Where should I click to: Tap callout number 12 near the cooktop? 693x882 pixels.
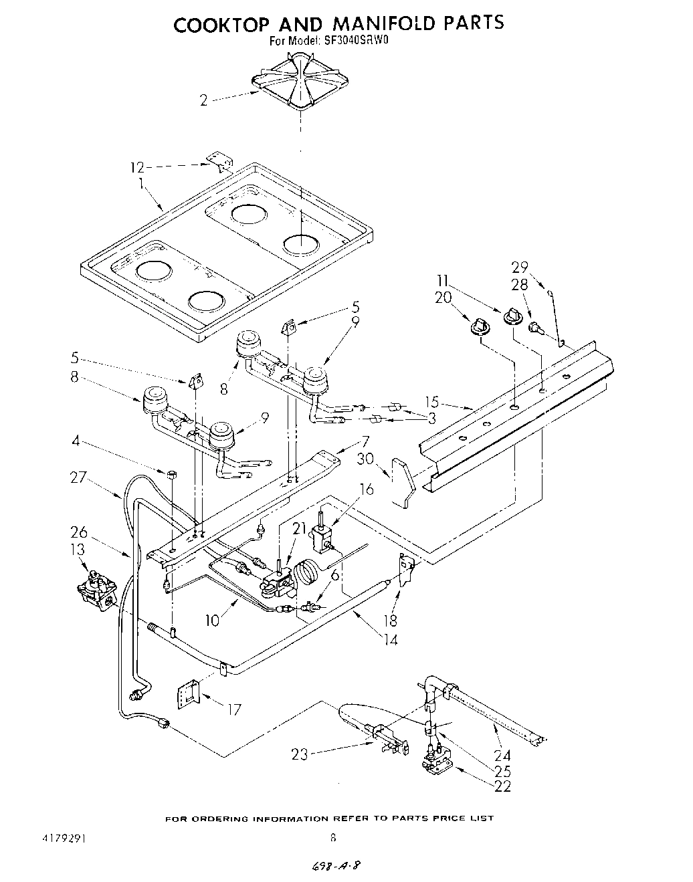pos(136,167)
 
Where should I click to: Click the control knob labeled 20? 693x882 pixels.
pos(478,327)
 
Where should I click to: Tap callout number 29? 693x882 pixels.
pos(520,267)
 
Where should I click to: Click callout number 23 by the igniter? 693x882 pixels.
pos(299,755)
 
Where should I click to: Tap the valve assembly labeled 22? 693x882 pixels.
pos(435,762)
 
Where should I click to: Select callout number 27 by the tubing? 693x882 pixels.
pos(79,477)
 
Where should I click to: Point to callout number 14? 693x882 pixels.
pos(390,639)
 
